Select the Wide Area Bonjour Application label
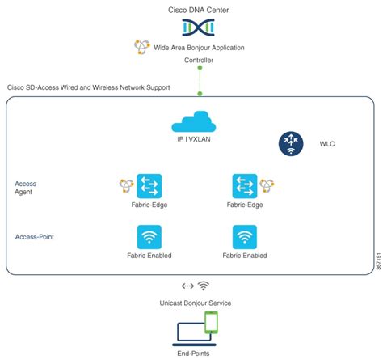pos(199,48)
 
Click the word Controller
pos(199,61)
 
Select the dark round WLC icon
pos(292,143)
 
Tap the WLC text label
pos(326,144)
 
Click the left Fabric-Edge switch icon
pos(150,185)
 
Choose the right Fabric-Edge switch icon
pos(244,185)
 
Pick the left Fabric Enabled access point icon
pos(150,236)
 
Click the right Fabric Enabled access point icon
pos(244,236)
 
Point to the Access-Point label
pos(35,237)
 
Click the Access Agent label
pos(26,189)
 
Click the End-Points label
pos(199,354)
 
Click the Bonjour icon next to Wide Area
pos(141,47)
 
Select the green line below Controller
pos(199,79)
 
